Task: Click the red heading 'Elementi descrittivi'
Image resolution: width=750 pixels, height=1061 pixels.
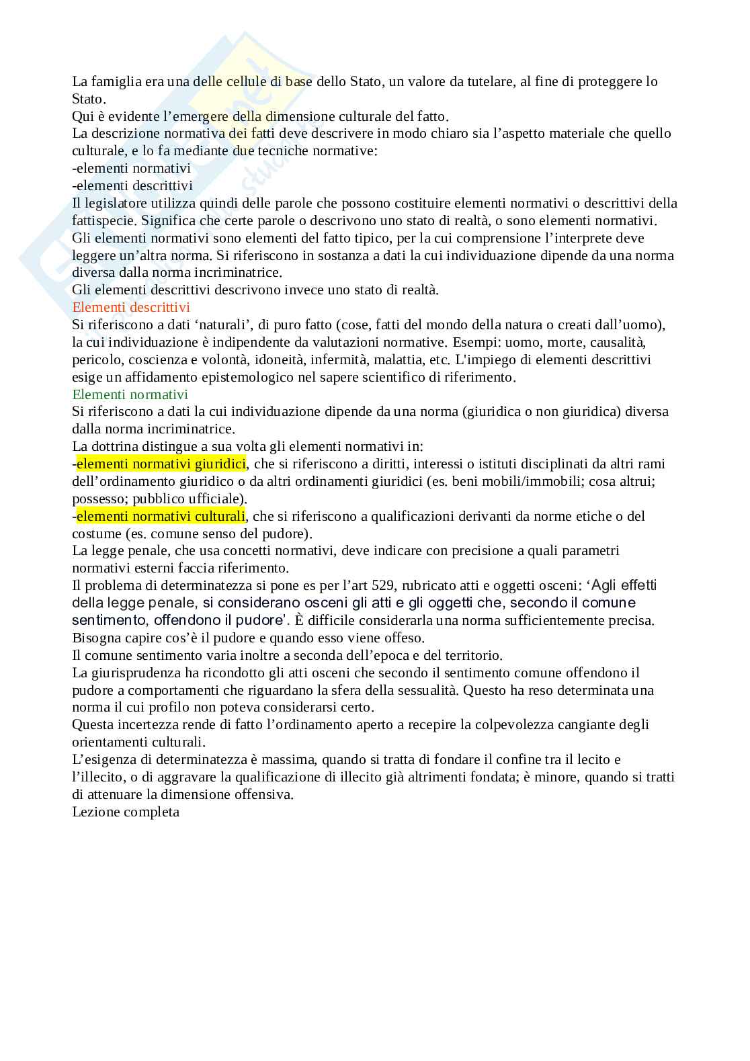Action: click(130, 307)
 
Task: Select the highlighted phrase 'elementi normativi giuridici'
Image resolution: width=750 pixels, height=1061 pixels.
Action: click(161, 464)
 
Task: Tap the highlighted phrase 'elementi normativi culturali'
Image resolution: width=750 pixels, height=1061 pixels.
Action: click(161, 516)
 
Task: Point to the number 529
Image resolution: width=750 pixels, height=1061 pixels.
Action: click(388, 585)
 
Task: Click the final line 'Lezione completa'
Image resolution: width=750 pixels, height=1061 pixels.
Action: click(126, 812)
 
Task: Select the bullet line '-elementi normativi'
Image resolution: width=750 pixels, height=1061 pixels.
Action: click(131, 168)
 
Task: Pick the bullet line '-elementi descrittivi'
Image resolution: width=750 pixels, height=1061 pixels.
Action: click(132, 185)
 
